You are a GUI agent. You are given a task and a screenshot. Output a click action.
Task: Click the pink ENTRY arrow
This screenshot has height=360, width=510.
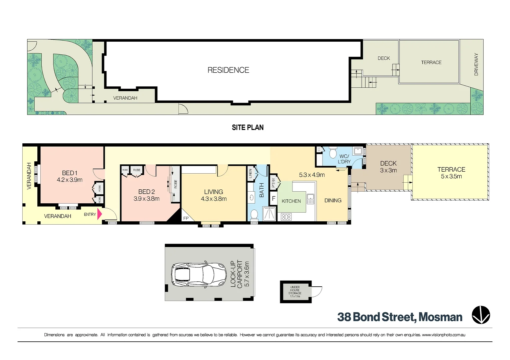99,214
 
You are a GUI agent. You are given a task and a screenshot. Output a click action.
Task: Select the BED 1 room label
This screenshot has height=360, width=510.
69,173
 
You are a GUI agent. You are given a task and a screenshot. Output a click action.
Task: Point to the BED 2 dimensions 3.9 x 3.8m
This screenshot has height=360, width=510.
146,199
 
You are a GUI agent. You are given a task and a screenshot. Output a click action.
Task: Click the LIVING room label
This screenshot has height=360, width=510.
213,192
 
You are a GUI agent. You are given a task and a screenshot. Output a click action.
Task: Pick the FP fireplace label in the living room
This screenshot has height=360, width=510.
186,218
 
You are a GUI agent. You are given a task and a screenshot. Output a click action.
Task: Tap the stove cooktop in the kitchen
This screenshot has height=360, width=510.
286,217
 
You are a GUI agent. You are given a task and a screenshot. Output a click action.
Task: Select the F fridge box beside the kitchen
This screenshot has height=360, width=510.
274,199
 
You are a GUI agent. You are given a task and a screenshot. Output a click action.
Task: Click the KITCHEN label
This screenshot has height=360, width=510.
291,201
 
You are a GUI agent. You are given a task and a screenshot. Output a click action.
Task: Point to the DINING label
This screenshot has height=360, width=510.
333,200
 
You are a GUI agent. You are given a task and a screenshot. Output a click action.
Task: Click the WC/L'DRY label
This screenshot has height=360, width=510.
344,159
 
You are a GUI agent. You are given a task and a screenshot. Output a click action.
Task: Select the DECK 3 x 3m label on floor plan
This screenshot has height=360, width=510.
388,167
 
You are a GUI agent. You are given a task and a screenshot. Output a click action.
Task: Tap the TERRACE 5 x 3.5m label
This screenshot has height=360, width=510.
451,173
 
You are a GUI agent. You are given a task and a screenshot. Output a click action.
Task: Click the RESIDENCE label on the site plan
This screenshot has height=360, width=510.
228,70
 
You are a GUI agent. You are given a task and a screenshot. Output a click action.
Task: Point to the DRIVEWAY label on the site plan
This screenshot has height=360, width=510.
476,64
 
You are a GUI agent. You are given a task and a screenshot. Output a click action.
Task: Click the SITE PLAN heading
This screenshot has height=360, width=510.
247,127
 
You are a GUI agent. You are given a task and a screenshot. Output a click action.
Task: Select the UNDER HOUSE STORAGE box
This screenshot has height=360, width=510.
295,292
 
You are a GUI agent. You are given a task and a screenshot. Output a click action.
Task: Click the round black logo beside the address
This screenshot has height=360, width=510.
481,315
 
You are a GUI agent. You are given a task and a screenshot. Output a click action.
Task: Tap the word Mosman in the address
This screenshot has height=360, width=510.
440,317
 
